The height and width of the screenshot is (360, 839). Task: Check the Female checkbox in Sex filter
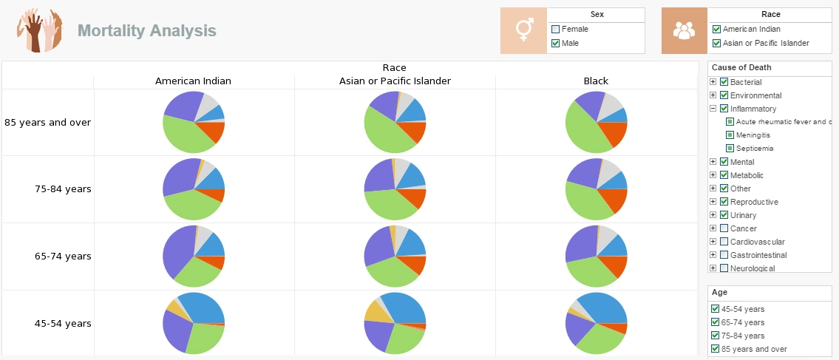coord(556,30)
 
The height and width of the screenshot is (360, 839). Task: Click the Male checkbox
coord(556,44)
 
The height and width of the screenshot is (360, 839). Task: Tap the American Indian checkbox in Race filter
coord(716,30)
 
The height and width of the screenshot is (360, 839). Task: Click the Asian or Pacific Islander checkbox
coord(716,44)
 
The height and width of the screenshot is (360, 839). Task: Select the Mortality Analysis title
coord(147,30)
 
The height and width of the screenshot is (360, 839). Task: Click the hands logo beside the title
coord(40,30)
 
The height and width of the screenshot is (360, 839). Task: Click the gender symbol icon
coord(523,30)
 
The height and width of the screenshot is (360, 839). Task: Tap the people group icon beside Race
coord(685,30)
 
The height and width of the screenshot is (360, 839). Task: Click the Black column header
coord(596,81)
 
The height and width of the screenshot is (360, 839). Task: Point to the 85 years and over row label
coord(48,122)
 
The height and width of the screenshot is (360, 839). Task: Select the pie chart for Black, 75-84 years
coord(596,189)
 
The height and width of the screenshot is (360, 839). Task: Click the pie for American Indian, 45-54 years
coord(194,323)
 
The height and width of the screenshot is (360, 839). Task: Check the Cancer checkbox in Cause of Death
coord(724,228)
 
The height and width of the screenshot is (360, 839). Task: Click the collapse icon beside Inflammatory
coord(713,109)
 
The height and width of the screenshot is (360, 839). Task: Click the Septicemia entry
coord(754,149)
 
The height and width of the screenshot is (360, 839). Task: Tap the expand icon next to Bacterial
coord(713,82)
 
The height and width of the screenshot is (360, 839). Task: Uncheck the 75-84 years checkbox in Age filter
coord(715,336)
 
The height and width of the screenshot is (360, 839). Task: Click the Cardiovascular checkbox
coord(724,242)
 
